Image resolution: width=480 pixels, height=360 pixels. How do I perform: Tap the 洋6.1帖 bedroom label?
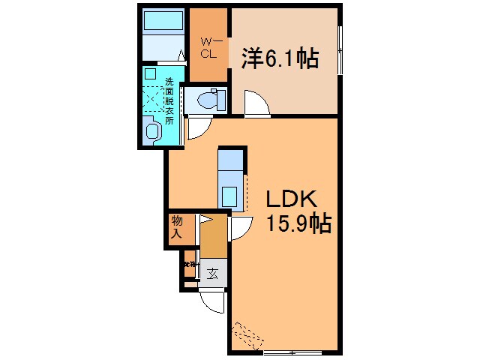point(278,58)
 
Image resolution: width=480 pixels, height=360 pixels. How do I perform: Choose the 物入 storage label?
point(177,226)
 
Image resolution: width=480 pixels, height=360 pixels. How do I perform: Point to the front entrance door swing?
point(213,301)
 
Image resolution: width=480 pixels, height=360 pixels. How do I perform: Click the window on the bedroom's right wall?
point(340,49)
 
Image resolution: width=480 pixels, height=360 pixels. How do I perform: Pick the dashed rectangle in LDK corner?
point(246,334)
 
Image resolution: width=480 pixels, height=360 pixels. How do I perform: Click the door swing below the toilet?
point(198,127)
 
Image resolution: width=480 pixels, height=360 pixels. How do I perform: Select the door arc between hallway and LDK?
point(241,228)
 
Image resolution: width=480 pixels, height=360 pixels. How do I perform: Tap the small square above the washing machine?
point(150,74)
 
